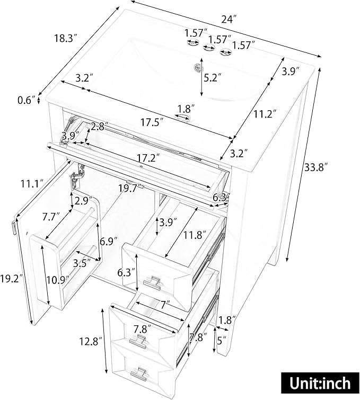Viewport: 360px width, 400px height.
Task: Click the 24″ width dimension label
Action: [229, 19]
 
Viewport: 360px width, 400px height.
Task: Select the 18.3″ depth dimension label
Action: [66, 39]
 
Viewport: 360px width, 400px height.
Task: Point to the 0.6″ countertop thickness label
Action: [27, 100]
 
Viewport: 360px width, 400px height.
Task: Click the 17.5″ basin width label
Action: [152, 122]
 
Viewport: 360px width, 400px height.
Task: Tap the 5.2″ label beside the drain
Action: [213, 77]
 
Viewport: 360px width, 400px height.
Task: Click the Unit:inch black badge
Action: [320, 383]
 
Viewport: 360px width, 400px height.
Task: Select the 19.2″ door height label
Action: [12, 279]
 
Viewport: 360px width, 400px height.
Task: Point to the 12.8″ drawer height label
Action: [91, 341]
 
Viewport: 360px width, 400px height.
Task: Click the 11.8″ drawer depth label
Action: [195, 235]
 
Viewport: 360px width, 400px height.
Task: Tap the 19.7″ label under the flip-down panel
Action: [130, 189]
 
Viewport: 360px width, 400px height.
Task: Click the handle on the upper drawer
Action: [152, 283]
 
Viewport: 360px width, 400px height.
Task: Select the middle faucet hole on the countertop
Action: [209, 47]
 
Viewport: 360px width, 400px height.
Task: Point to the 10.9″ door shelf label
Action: [58, 280]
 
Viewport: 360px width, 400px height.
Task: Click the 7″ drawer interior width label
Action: [165, 304]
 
